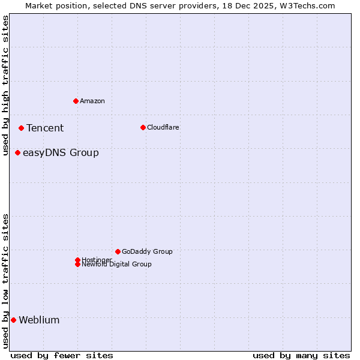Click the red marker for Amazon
tap(76, 101)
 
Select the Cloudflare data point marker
tap(143, 127)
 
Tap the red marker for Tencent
tap(21, 128)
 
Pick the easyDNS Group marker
tap(18, 152)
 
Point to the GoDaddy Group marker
tap(118, 251)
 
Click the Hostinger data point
tap(77, 260)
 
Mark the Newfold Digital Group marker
tap(77, 265)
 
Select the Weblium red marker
tap(13, 320)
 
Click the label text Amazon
tap(92, 101)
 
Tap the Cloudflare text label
tap(163, 127)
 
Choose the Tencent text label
tap(45, 128)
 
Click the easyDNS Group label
tap(61, 152)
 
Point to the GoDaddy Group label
tap(147, 251)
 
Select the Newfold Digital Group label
tap(117, 265)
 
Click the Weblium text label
tap(39, 320)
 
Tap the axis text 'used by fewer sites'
tap(62, 355)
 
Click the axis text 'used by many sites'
tap(301, 355)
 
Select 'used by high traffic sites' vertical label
tap(5, 86)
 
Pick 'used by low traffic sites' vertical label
tap(5, 281)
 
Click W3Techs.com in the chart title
tap(305, 5)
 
